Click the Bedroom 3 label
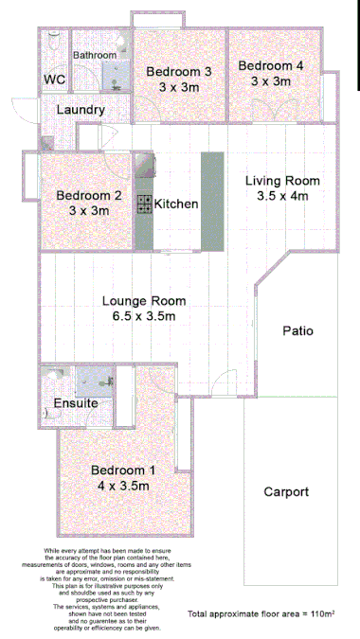(x=178, y=72)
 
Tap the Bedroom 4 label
(x=271, y=66)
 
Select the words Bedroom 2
(x=88, y=196)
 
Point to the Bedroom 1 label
(x=124, y=470)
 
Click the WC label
(x=54, y=80)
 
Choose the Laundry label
(x=81, y=110)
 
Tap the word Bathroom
(x=95, y=56)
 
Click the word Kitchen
(x=176, y=204)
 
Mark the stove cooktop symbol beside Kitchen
(x=145, y=203)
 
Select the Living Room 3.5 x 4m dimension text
(x=282, y=196)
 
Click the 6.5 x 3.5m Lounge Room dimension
(x=144, y=317)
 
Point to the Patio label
(x=297, y=331)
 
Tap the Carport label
(x=285, y=492)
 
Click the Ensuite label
(x=76, y=403)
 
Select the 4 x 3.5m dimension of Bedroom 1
(x=124, y=486)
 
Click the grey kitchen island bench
(x=209, y=201)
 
